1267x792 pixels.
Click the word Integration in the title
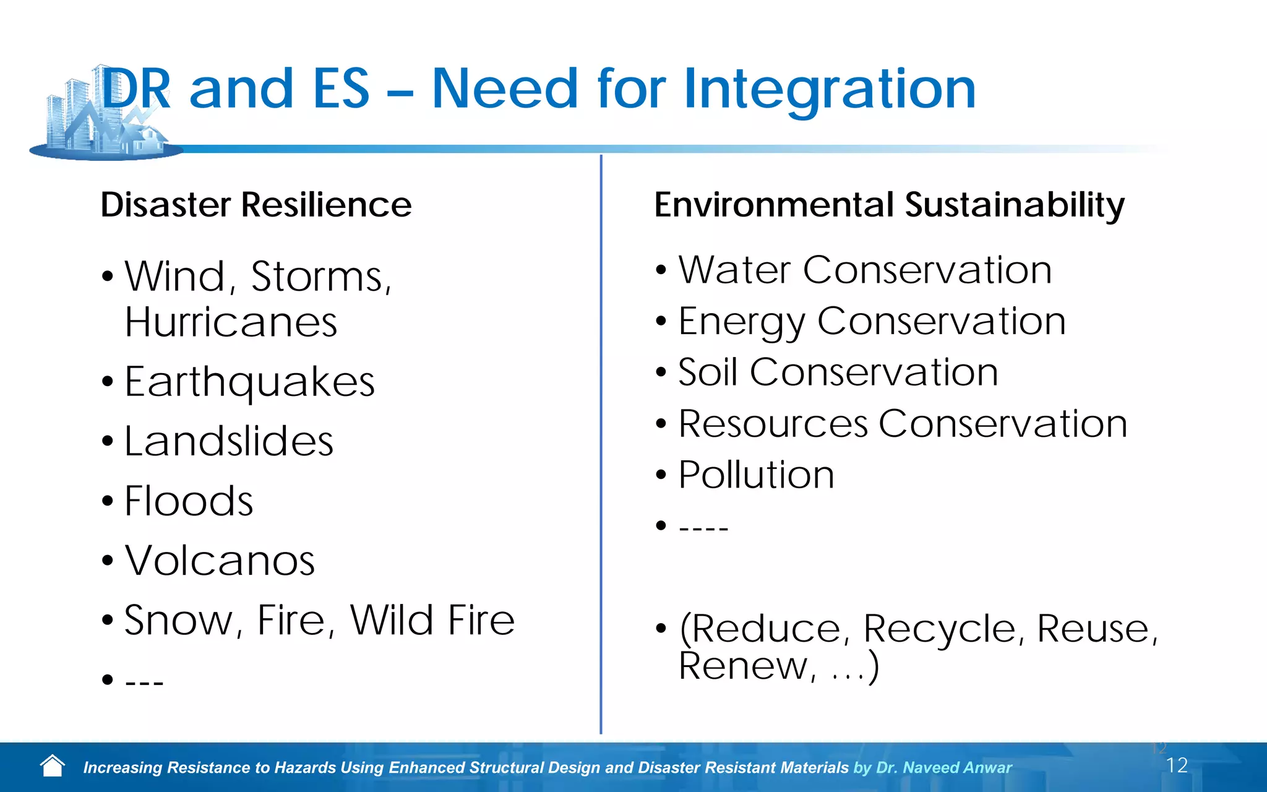click(829, 90)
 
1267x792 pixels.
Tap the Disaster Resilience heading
click(256, 205)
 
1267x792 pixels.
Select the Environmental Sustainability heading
click(889, 205)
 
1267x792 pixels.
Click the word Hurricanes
click(231, 322)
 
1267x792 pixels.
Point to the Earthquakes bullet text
click(249, 382)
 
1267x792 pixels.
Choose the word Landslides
click(229, 441)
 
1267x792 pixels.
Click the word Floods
click(189, 501)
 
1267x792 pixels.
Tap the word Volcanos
click(220, 561)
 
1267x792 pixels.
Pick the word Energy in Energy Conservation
click(741, 322)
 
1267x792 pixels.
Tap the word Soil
click(708, 372)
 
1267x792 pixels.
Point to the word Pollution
click(756, 475)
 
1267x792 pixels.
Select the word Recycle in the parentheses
click(939, 629)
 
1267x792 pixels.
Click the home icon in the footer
click(53, 766)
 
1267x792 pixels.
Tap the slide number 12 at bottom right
click(1177, 765)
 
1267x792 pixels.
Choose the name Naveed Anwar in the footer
click(957, 768)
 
